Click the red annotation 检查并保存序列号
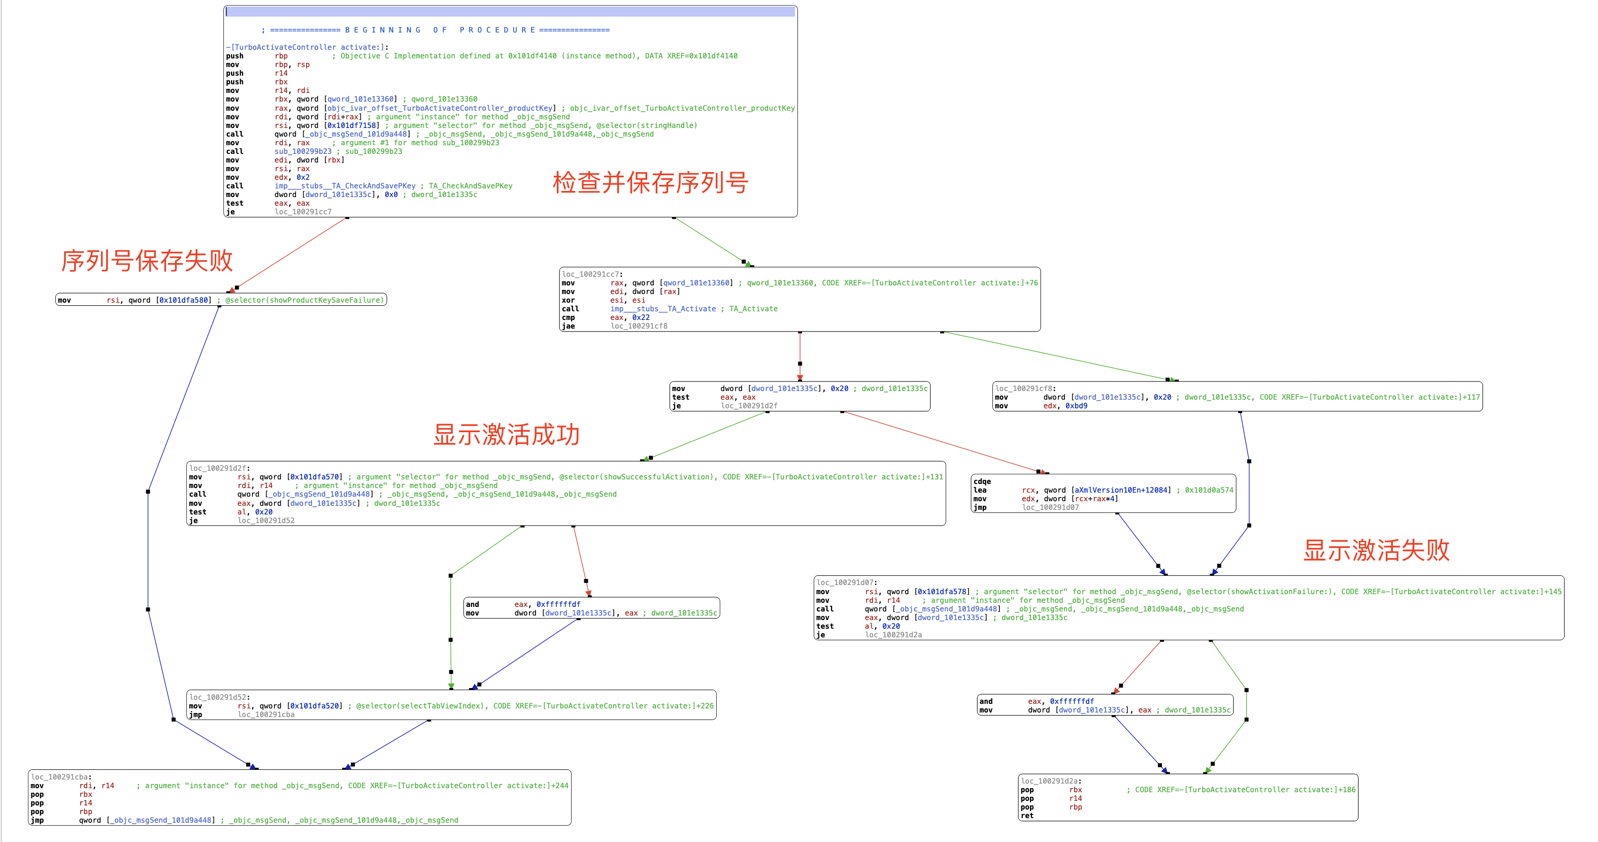click(650, 182)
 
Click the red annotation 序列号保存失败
click(147, 261)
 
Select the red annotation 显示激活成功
click(506, 434)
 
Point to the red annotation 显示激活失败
click(1376, 550)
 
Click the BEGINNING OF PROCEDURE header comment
click(436, 30)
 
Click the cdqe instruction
click(982, 481)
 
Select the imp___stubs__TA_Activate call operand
click(662, 309)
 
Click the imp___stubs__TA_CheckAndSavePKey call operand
click(345, 186)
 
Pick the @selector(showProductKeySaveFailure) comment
click(304, 300)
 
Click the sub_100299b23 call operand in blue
click(303, 151)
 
